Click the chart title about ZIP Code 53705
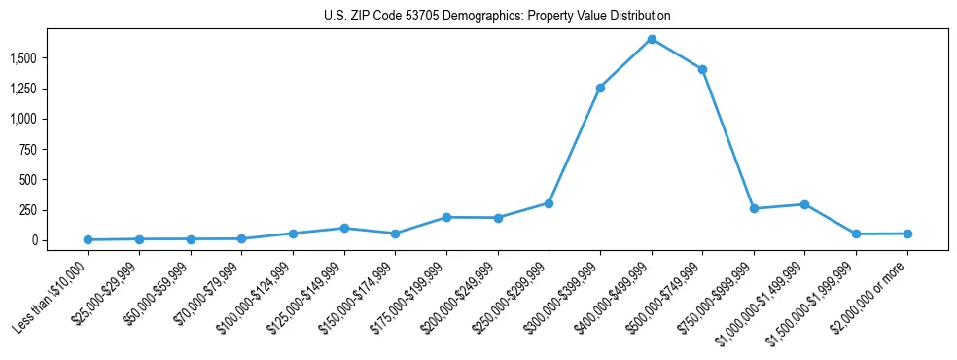(497, 17)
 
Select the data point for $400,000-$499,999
(652, 39)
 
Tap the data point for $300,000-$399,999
(600, 88)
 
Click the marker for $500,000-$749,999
(702, 69)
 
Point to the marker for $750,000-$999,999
(754, 208)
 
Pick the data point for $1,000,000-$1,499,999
(804, 204)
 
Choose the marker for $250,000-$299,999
(549, 203)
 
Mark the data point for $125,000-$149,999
(344, 228)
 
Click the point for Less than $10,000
(89, 239)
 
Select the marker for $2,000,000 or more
(907, 234)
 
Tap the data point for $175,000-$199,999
(446, 217)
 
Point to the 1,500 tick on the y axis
(50, 58)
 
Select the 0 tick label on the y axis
(60, 240)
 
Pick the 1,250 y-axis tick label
(50, 89)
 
